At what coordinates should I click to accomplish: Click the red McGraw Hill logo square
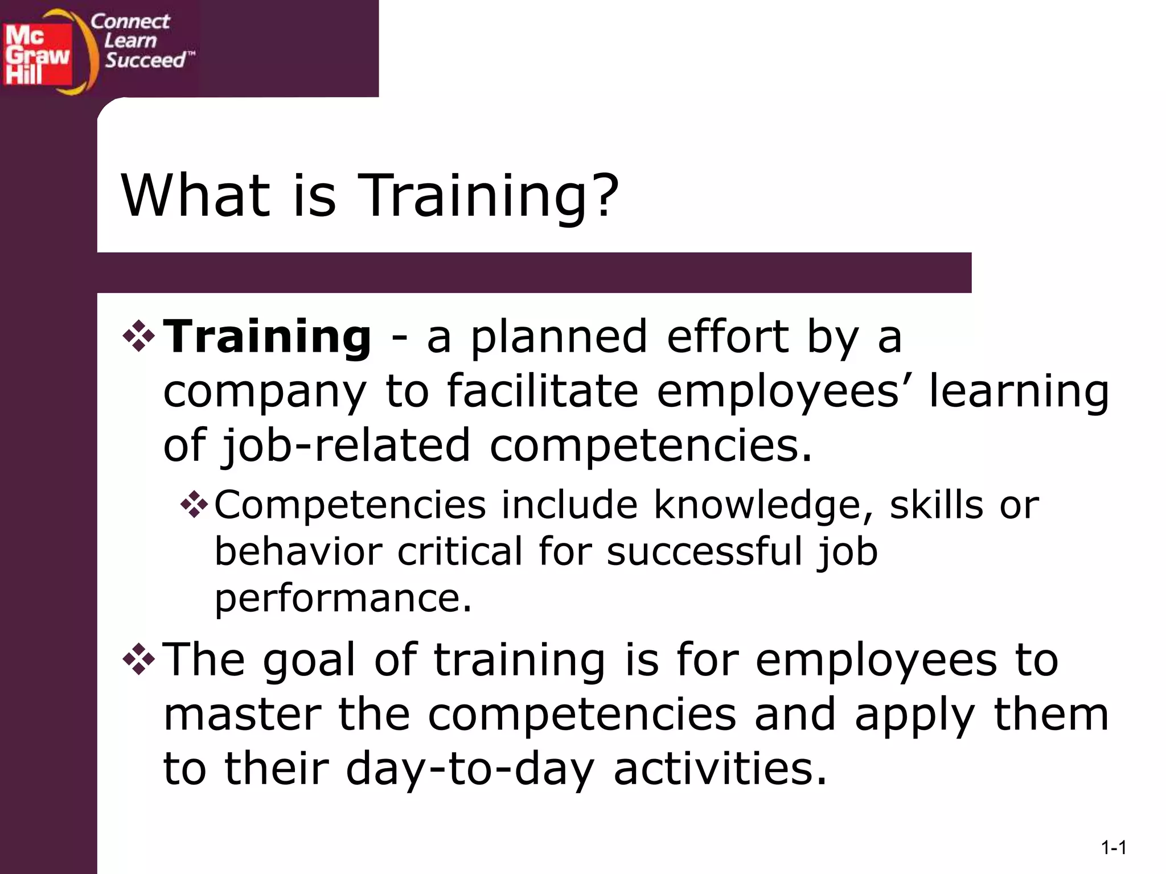coord(38,55)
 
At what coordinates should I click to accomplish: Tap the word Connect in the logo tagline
coord(130,22)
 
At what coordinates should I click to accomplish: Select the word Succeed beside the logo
coord(146,60)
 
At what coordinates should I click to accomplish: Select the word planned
coord(559,337)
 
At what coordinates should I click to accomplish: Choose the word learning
coord(1019,393)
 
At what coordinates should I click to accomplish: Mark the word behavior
coord(298,551)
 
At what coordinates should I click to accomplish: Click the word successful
coord(704,551)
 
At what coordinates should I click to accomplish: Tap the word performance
coord(343,599)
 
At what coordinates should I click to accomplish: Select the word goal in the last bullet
coord(309,661)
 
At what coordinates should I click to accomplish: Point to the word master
coord(242,715)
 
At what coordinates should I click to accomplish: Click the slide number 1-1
coord(1114,848)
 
